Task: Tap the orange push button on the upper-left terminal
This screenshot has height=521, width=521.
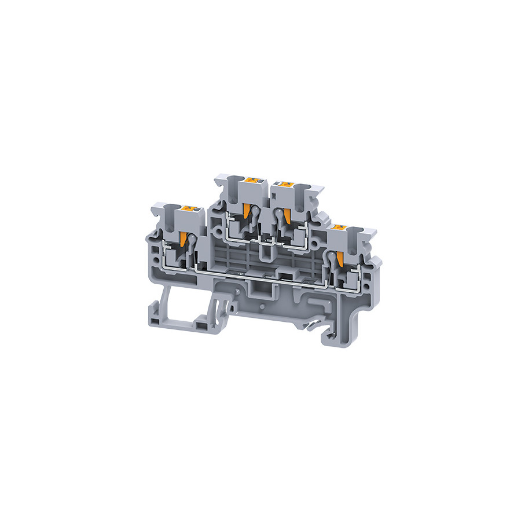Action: (x=251, y=180)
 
